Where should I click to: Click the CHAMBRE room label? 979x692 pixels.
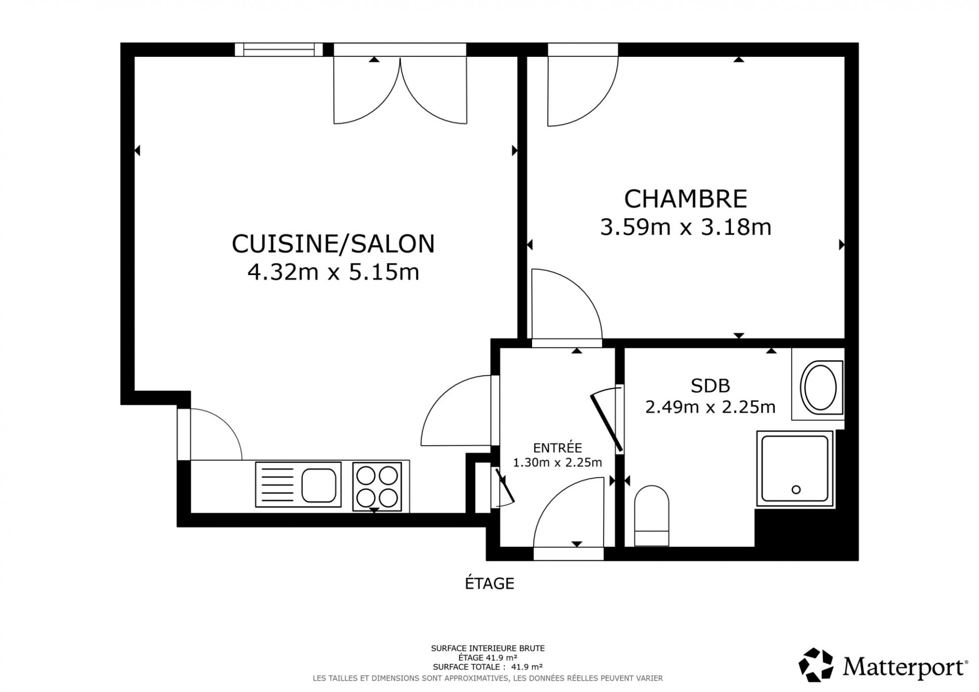click(686, 199)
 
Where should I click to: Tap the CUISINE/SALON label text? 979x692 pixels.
click(333, 244)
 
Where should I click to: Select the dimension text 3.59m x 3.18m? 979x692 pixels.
click(686, 227)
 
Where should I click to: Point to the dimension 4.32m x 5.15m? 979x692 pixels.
click(333, 272)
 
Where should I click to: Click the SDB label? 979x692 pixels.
click(710, 386)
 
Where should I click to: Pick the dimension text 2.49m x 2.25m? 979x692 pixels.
click(710, 407)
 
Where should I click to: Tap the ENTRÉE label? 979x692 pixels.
click(557, 448)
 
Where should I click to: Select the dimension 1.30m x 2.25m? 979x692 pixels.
click(557, 463)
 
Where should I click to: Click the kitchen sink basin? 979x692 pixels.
click(319, 485)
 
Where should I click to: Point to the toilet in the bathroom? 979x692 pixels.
click(652, 516)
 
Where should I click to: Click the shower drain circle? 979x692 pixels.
click(796, 489)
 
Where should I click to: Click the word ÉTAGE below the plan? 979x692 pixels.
click(489, 584)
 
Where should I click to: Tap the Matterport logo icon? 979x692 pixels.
click(816, 665)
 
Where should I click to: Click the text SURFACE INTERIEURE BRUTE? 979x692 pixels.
click(488, 648)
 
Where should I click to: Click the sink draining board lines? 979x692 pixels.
click(277, 485)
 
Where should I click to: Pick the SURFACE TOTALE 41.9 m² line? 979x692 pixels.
click(488, 667)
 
